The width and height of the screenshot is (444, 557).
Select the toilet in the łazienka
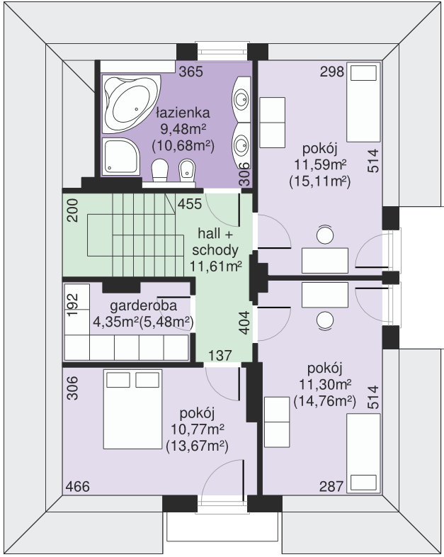click(x=160, y=170)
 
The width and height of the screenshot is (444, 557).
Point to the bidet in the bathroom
click(x=187, y=170)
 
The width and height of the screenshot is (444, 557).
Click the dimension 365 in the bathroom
click(x=190, y=72)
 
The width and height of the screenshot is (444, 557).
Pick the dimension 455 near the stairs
click(x=190, y=204)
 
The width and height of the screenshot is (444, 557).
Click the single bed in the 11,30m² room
click(x=365, y=454)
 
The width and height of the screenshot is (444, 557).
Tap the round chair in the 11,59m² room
click(x=325, y=235)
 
